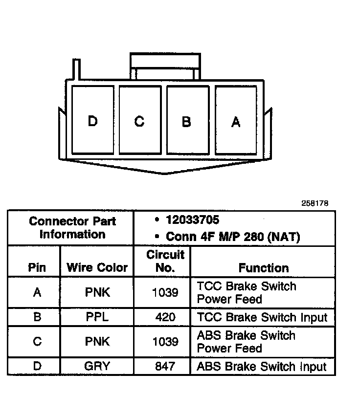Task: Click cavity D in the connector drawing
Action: tap(92, 121)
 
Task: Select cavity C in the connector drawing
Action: tap(139, 121)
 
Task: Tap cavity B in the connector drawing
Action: tap(186, 121)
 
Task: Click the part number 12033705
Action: tap(192, 220)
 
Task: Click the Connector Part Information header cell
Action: tap(72, 228)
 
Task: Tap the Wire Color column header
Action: tap(97, 267)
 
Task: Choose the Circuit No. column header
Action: tap(165, 261)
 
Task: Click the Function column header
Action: tap(264, 268)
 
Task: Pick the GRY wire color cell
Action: tap(97, 366)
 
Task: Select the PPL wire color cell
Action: tap(97, 317)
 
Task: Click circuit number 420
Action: tap(165, 317)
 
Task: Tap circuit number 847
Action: tap(165, 366)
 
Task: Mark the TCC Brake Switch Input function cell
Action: tap(262, 317)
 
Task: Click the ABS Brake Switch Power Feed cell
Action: tap(246, 342)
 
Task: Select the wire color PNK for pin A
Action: tap(97, 292)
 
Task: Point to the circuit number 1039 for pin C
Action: tap(165, 341)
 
